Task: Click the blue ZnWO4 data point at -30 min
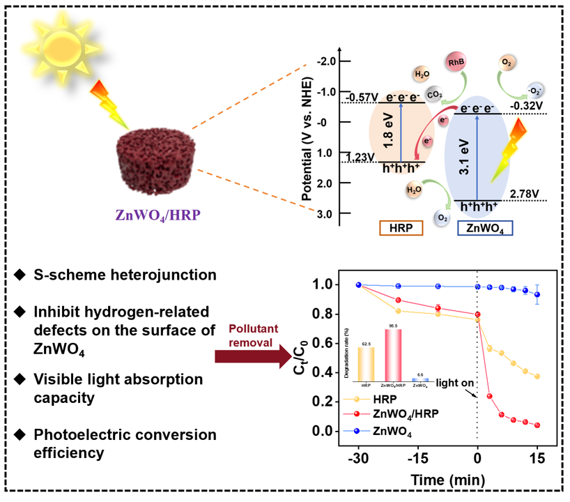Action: tap(359, 285)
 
